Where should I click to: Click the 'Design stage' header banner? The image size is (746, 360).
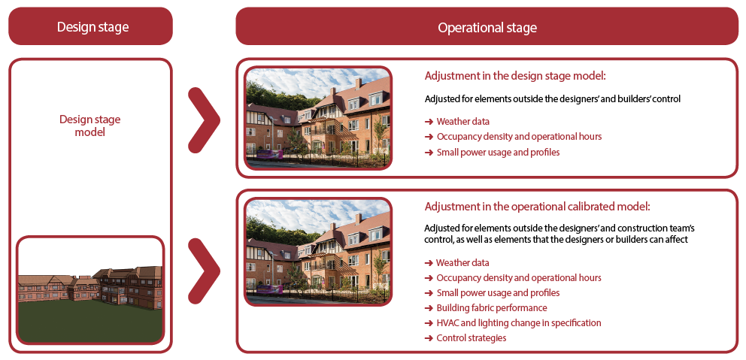coord(90,26)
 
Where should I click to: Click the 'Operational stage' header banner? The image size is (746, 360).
coord(487,26)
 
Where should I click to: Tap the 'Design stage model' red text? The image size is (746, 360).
coord(90,125)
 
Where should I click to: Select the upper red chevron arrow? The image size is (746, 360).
coord(205,119)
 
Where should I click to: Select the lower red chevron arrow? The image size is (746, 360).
coord(205,271)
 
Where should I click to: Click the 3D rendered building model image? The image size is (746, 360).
coord(90,290)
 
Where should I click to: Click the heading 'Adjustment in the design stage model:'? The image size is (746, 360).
coord(515,76)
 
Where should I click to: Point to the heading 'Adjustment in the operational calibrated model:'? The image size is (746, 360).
coord(537,207)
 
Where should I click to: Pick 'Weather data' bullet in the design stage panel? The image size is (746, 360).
coord(456,121)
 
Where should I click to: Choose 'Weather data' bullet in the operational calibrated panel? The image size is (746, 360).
coord(456,262)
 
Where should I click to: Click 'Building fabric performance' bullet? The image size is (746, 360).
coord(486,307)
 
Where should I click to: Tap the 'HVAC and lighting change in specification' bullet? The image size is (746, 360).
coord(513,323)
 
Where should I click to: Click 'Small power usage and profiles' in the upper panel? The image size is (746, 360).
coord(492,152)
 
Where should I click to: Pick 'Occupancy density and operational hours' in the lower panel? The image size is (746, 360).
coord(513,278)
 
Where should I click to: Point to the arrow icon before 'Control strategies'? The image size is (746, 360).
coord(428,338)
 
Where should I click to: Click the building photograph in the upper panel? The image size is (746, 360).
coord(318,118)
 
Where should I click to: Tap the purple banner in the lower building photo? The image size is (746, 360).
coord(270,289)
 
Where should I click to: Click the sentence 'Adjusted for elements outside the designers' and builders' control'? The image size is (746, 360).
coord(553,99)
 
